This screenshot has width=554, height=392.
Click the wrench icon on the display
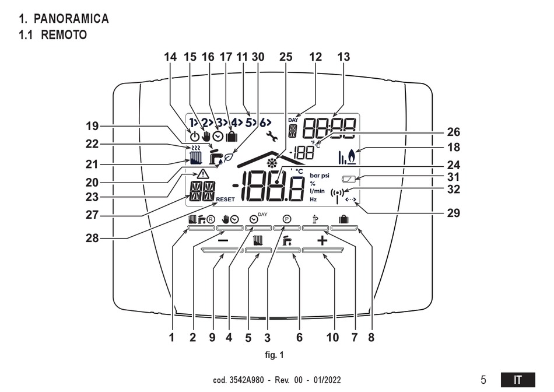pos(272,136)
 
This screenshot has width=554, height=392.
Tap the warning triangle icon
pos(203,174)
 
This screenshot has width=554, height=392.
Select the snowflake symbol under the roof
pos(272,163)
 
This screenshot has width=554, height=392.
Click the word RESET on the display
pos(226,199)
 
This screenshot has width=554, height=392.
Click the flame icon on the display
pos(352,156)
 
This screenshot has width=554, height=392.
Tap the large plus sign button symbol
pos(322,241)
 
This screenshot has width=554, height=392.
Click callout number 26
pos(453,132)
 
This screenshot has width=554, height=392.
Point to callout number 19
pos(92,126)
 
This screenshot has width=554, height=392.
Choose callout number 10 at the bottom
pos(332,338)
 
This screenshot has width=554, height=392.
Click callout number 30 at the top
pos(258,57)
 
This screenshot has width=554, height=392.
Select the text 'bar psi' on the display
pos(320,176)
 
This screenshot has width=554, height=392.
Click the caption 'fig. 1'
pos(274,355)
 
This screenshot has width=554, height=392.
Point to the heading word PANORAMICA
pos(71,19)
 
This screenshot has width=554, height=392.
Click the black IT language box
pos(518,380)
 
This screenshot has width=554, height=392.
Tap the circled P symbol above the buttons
pos(287,219)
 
